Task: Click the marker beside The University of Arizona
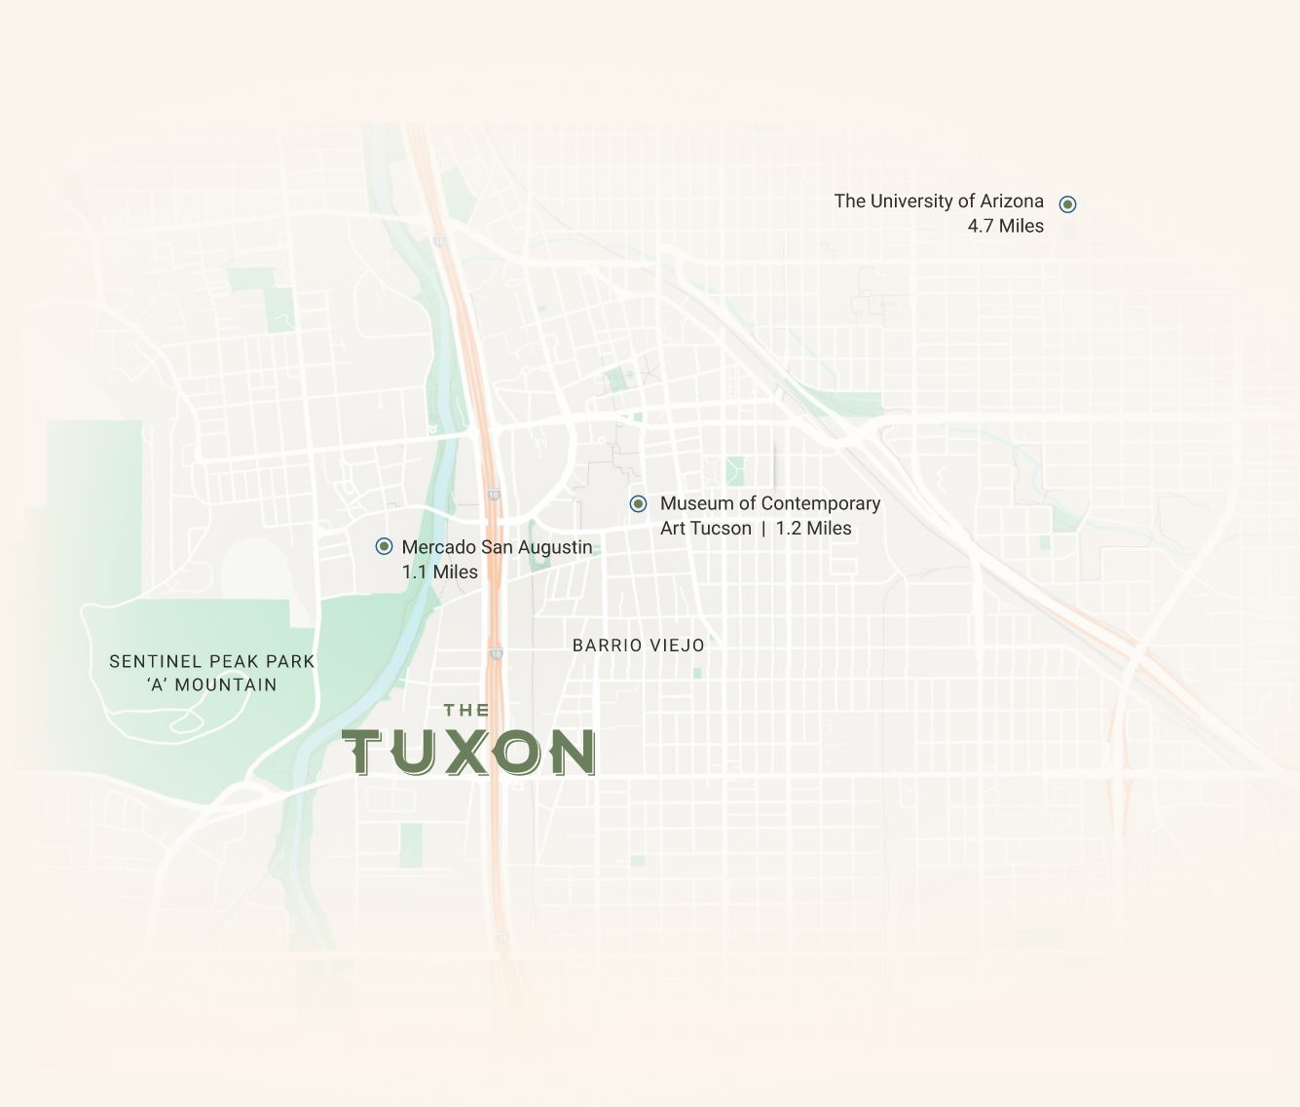tap(1067, 204)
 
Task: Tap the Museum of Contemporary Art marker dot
tap(638, 503)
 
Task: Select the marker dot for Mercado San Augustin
tap(384, 546)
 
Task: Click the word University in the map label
tap(910, 202)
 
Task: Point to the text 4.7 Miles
tap(1005, 226)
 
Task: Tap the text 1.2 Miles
tap(813, 529)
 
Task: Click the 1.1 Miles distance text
tap(439, 572)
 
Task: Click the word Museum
tap(696, 503)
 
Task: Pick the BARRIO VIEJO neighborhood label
tap(638, 646)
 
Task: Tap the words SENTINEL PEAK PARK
tap(211, 662)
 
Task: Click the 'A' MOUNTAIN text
tap(211, 685)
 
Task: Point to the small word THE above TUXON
tap(466, 711)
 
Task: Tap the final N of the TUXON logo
tap(572, 753)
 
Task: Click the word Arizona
tap(1012, 202)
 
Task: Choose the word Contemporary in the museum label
tap(821, 503)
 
